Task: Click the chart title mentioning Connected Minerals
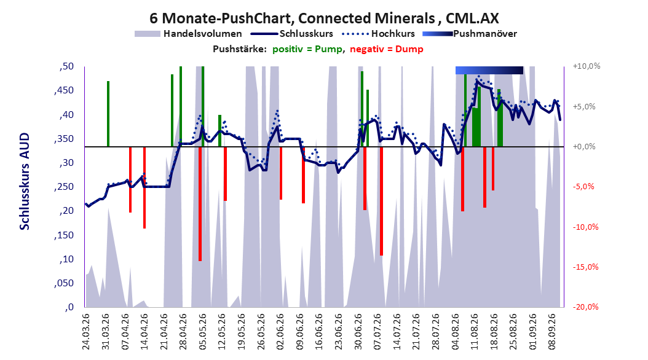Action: (x=324, y=18)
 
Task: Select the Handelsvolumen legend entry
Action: (x=189, y=34)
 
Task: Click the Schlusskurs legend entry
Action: (x=292, y=34)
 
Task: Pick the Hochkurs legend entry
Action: (x=379, y=34)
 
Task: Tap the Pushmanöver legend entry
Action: (x=470, y=34)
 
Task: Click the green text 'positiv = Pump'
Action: (x=307, y=49)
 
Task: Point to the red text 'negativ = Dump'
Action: (x=387, y=49)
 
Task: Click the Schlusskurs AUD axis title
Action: (x=25, y=181)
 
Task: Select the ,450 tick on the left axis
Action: (x=64, y=90)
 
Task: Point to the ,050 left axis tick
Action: (x=64, y=283)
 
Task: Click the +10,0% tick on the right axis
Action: (x=587, y=66)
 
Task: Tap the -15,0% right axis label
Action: (x=585, y=267)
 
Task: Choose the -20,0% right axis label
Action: (x=585, y=307)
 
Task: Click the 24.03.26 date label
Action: (x=86, y=332)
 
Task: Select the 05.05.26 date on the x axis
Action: (x=202, y=332)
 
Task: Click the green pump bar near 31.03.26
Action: (x=108, y=114)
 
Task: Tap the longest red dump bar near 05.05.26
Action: (x=200, y=204)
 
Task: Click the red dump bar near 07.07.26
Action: (x=381, y=201)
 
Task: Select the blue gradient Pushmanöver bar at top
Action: (x=489, y=71)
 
